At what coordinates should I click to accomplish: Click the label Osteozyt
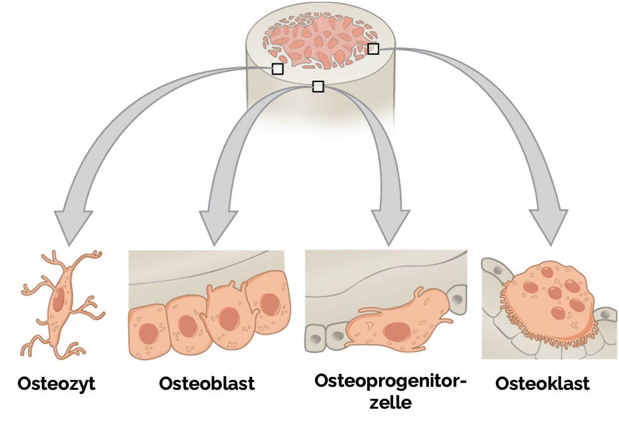pyautogui.click(x=56, y=384)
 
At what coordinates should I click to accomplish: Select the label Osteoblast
pyautogui.click(x=207, y=384)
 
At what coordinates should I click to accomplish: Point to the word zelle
pyautogui.click(x=391, y=402)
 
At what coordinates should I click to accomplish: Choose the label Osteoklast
pyautogui.click(x=542, y=384)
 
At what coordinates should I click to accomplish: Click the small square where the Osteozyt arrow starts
pyautogui.click(x=278, y=69)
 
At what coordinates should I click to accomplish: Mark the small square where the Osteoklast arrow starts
pyautogui.click(x=373, y=49)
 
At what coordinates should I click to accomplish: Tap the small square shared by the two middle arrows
pyautogui.click(x=318, y=86)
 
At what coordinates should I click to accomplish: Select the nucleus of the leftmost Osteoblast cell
pyautogui.click(x=148, y=334)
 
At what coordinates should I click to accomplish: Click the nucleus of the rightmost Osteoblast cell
pyautogui.click(x=270, y=304)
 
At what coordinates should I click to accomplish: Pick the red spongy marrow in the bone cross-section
pyautogui.click(x=323, y=37)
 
